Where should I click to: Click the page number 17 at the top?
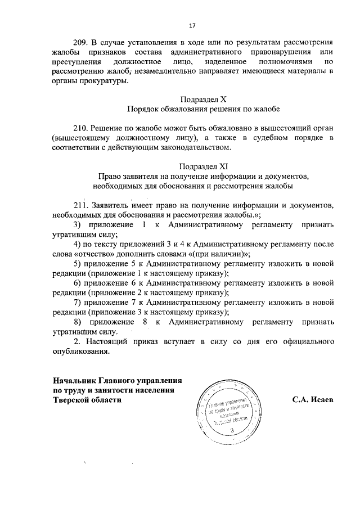click(x=191, y=25)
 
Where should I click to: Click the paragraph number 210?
click(x=82, y=128)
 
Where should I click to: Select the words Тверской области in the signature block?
click(x=87, y=399)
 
